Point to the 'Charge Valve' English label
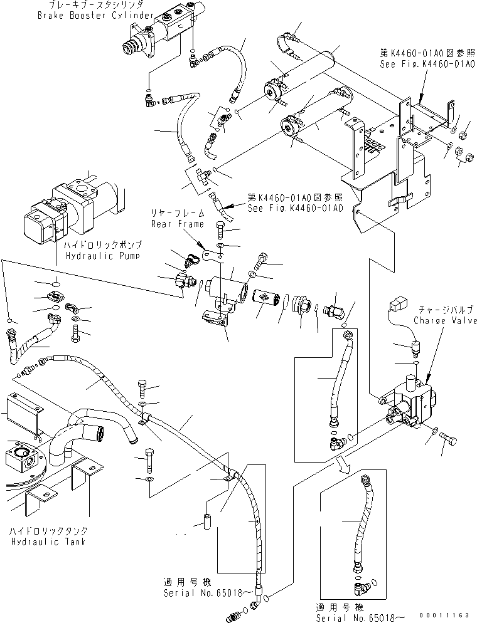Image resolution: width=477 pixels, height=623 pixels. tap(446, 320)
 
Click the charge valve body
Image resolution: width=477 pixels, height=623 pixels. tap(408, 404)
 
